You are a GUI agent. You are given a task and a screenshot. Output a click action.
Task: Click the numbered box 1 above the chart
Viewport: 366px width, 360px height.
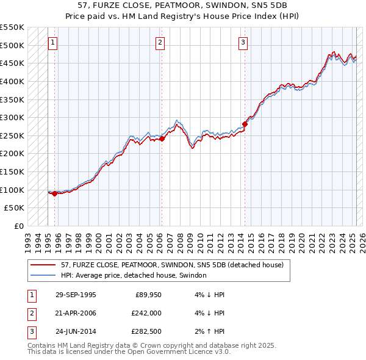pyautogui.click(x=53, y=43)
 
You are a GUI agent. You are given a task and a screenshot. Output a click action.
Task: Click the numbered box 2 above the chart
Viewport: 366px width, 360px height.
pyautogui.click(x=160, y=43)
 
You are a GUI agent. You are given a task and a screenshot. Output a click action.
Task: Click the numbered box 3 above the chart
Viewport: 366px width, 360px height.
pyautogui.click(x=243, y=43)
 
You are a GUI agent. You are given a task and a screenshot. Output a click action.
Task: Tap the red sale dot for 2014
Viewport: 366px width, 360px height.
pyautogui.click(x=245, y=124)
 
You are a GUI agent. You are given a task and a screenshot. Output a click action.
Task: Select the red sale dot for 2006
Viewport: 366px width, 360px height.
pyautogui.click(x=162, y=139)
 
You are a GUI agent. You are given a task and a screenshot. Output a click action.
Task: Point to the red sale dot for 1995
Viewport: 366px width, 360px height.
pyautogui.click(x=55, y=193)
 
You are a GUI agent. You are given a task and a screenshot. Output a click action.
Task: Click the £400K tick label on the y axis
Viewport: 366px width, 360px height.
pyautogui.click(x=13, y=81)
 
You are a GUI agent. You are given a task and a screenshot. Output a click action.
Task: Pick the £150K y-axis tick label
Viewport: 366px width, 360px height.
pyautogui.click(x=13, y=171)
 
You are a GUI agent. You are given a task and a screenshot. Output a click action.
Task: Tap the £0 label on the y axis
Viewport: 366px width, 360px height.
pyautogui.click(x=18, y=226)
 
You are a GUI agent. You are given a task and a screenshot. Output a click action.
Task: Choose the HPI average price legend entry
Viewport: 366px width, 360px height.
pyautogui.click(x=134, y=276)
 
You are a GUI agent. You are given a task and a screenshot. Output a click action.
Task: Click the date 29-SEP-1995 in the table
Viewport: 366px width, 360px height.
pyautogui.click(x=76, y=295)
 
